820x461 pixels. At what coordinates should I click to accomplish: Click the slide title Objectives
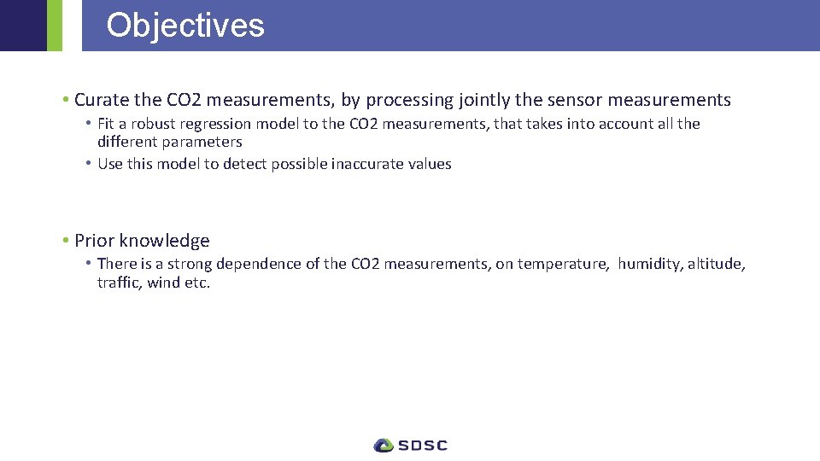185,26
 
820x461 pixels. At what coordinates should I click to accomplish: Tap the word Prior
94,241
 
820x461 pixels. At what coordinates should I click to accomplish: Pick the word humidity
649,264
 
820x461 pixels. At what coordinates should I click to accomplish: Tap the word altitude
716,264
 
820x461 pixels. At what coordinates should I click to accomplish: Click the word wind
164,283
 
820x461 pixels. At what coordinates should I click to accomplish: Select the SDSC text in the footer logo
423,445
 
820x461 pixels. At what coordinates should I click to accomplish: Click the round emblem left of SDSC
384,445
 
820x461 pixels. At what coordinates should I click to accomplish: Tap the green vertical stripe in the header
54,26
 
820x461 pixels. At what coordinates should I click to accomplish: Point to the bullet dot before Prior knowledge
66,241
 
